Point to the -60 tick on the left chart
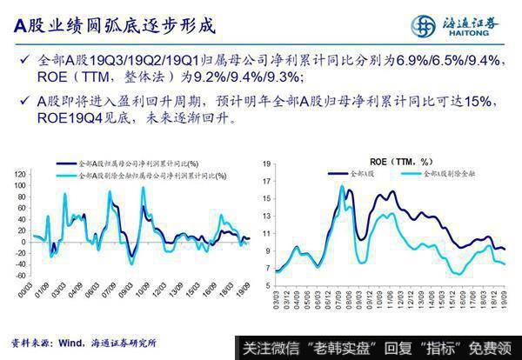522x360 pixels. click(x=19, y=275)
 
